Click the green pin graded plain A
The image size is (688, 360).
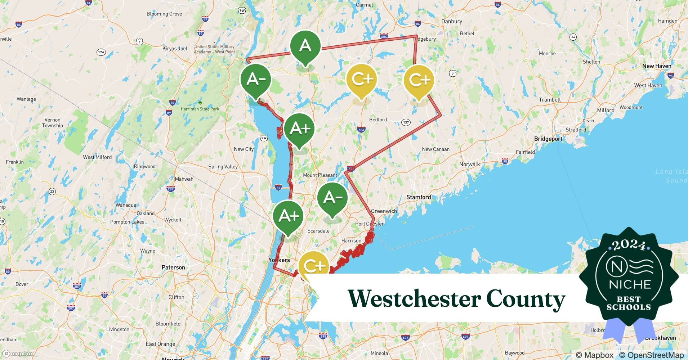[305, 46]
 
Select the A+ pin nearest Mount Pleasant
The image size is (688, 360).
[299, 129]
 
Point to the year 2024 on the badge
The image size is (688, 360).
[629, 245]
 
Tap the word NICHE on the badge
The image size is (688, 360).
[630, 284]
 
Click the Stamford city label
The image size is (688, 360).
[419, 197]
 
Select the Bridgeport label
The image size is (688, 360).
[548, 139]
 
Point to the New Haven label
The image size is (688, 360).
[657, 66]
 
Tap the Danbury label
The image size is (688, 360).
[452, 21]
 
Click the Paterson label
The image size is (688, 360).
[173, 267]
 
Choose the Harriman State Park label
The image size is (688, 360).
[200, 109]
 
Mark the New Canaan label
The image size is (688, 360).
[435, 149]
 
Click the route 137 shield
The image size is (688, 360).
[406, 122]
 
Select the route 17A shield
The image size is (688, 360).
[101, 52]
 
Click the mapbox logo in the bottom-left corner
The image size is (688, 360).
[18, 354]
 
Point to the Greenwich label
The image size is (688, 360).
[384, 211]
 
